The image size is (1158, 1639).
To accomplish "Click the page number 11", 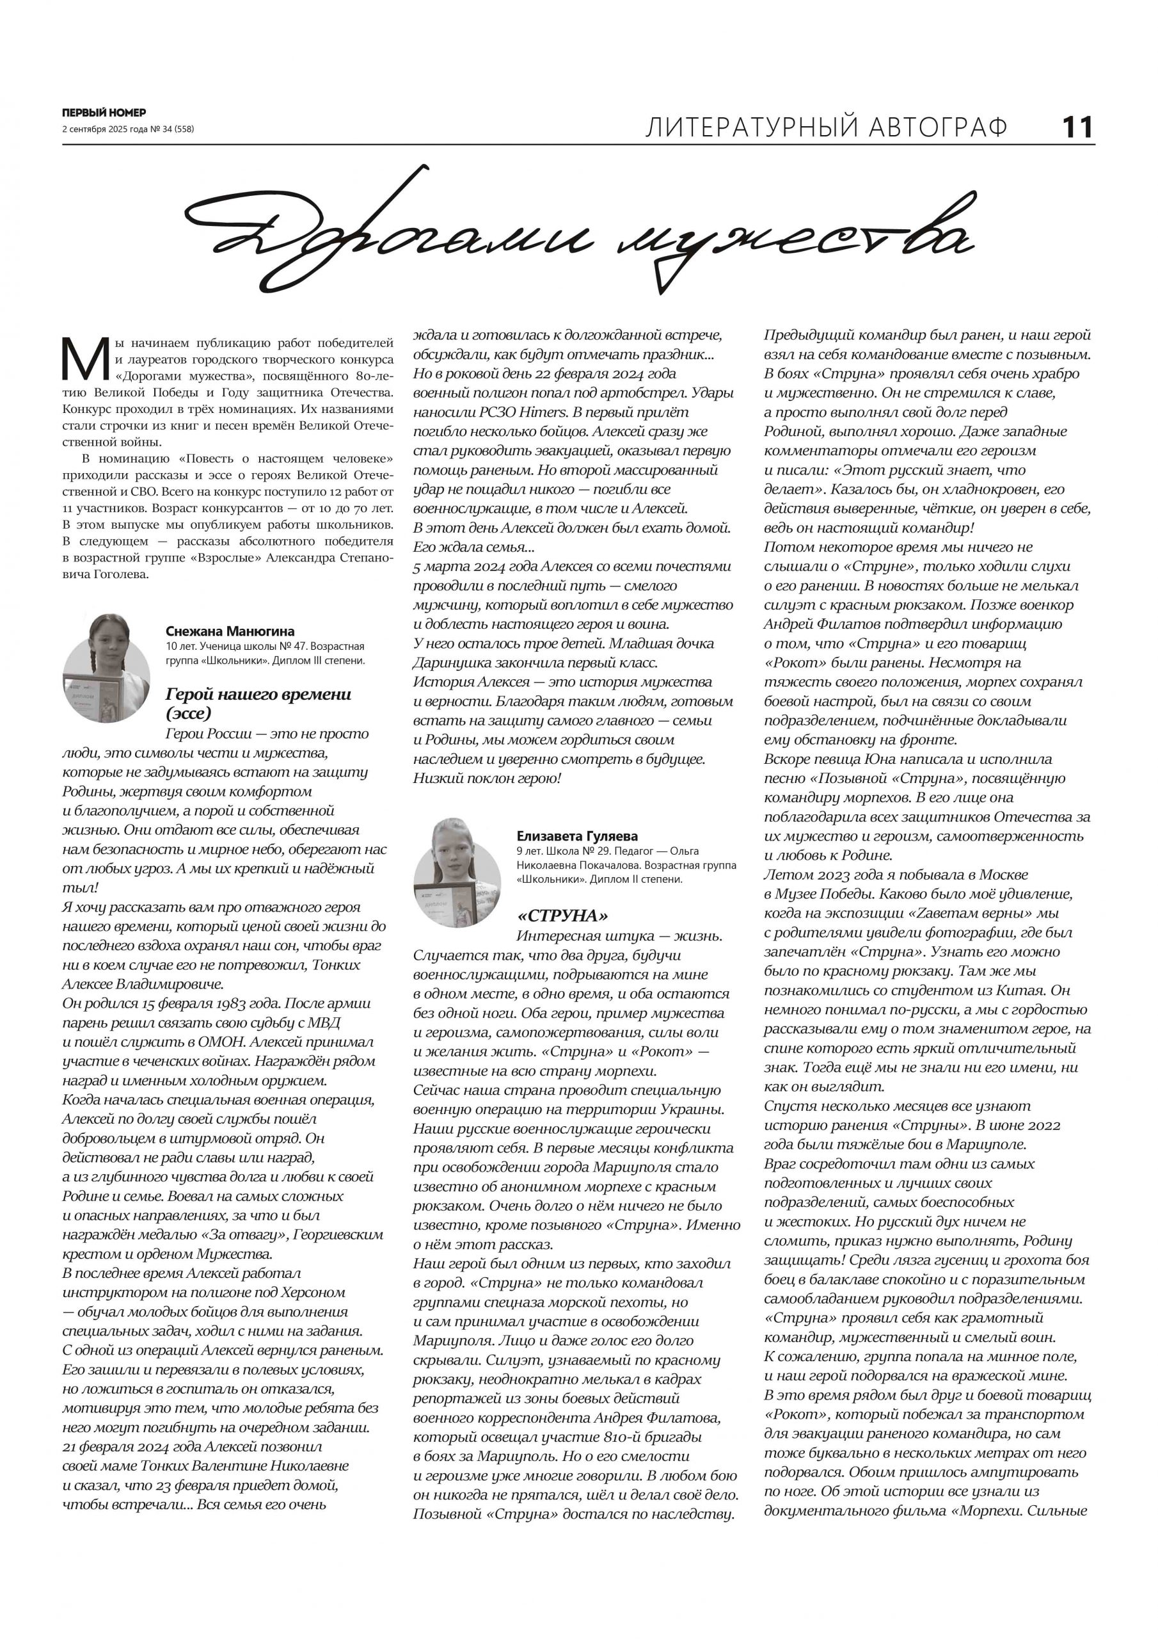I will tap(1077, 128).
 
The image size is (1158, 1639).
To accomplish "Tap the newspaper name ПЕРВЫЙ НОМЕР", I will tap(104, 113).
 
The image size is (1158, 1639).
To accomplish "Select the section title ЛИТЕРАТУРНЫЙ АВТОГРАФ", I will tap(826, 128).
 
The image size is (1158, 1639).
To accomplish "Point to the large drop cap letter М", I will tap(85, 359).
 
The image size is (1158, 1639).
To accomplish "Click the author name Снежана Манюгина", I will tap(230, 631).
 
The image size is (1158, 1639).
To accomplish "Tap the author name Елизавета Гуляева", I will tap(577, 836).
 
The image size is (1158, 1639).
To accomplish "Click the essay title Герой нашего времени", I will tap(258, 694).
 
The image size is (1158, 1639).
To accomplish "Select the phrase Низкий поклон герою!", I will tap(488, 778).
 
